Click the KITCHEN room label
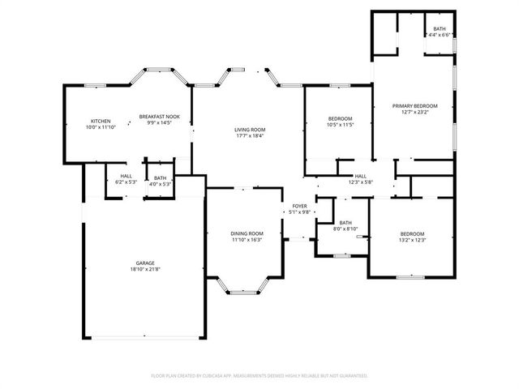pyautogui.click(x=101, y=121)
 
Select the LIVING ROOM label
pyautogui.click(x=250, y=130)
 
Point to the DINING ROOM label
pyautogui.click(x=247, y=233)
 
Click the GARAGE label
pyautogui.click(x=144, y=263)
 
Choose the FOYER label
pyautogui.click(x=300, y=206)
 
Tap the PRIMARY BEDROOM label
pyautogui.click(x=414, y=106)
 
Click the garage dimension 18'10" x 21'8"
pyautogui.click(x=144, y=270)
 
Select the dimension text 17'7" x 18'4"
pyautogui.click(x=250, y=136)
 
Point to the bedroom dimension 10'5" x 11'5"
pyautogui.click(x=340, y=126)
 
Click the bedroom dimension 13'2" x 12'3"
pyautogui.click(x=412, y=240)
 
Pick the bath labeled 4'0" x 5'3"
pyautogui.click(x=160, y=184)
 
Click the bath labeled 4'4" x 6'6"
pyautogui.click(x=439, y=34)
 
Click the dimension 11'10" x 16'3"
pyautogui.click(x=247, y=240)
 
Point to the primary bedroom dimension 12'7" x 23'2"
pyautogui.click(x=414, y=113)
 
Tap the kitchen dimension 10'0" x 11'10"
pyautogui.click(x=101, y=127)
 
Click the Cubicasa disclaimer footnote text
pyautogui.click(x=259, y=376)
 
